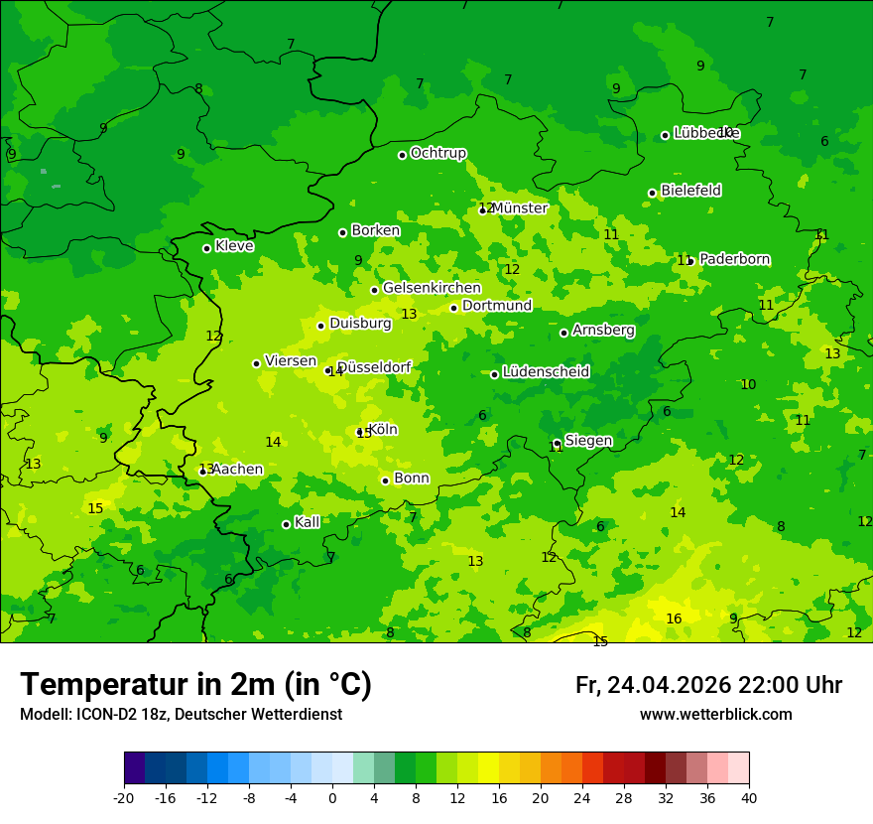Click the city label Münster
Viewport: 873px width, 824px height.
tap(519, 208)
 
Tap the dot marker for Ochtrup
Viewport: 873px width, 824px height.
tap(402, 155)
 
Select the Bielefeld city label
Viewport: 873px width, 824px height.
tap(690, 191)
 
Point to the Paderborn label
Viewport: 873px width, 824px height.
tap(734, 259)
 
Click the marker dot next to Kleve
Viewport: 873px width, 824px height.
tap(206, 248)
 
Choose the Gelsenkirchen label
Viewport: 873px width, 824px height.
tap(432, 288)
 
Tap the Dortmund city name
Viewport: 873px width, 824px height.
tap(497, 306)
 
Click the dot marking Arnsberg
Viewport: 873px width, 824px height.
tap(563, 333)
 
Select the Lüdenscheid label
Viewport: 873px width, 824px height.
tap(546, 372)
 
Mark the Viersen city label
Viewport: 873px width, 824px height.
tap(290, 361)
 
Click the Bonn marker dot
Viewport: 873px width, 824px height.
tap(385, 481)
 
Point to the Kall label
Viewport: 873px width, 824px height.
tap(308, 522)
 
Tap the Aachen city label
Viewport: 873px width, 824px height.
tap(237, 470)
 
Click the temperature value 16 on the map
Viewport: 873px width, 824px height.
tap(674, 618)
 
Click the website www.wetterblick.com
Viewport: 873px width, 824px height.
tap(715, 715)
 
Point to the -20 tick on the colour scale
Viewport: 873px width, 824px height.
tap(124, 798)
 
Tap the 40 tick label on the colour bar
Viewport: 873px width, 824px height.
tap(748, 798)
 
